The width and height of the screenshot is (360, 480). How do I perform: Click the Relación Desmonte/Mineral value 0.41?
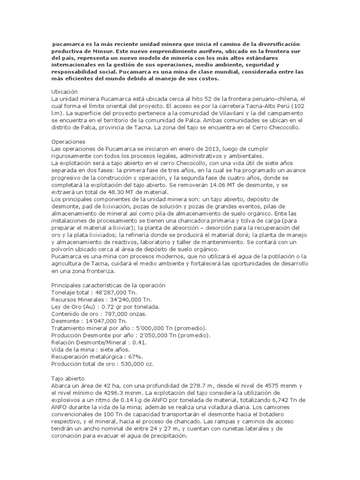point(126,342)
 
